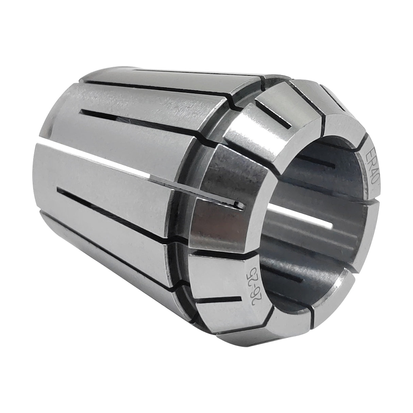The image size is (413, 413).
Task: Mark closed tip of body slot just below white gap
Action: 60,188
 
